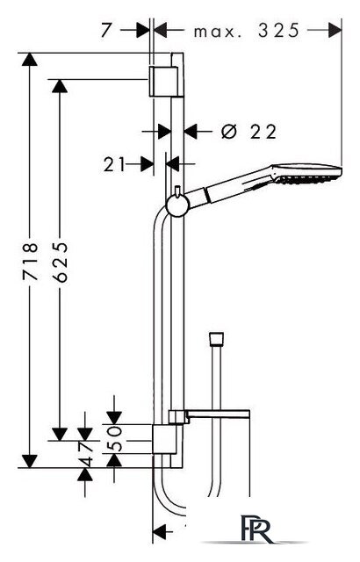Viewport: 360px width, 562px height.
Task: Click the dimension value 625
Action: click(x=60, y=262)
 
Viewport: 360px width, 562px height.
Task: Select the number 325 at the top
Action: click(x=278, y=31)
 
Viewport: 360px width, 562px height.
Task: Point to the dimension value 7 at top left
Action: click(x=105, y=30)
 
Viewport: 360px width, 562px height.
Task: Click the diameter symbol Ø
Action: click(x=229, y=132)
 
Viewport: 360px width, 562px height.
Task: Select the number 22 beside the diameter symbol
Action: click(x=263, y=132)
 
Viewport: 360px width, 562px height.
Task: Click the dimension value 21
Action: click(x=114, y=165)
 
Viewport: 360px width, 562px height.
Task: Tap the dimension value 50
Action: click(x=115, y=438)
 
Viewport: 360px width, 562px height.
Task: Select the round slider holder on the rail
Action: click(x=178, y=206)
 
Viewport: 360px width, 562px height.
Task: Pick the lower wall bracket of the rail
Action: click(x=164, y=439)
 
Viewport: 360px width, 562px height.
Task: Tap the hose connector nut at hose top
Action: click(x=216, y=340)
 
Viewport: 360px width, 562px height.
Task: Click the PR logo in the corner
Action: click(x=256, y=529)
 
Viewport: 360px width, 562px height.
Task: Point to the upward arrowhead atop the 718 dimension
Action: click(x=29, y=59)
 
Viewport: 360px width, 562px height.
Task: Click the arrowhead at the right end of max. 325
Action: click(x=335, y=30)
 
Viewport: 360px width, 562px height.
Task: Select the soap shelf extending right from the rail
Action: click(x=209, y=415)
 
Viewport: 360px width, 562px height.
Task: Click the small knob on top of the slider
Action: click(x=177, y=191)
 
